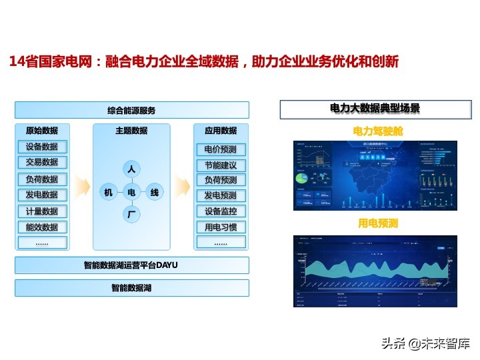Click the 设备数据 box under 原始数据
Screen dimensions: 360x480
[42, 147]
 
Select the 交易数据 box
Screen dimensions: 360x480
[42, 162]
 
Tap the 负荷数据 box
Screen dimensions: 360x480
[42, 179]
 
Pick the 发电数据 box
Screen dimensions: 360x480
[42, 195]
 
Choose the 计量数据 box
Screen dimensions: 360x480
[42, 211]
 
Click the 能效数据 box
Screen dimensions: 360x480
[42, 227]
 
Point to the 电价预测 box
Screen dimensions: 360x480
[221, 149]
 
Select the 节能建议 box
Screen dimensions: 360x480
[221, 165]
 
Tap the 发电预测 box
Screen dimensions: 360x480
[221, 195]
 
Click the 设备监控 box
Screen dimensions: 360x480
[221, 211]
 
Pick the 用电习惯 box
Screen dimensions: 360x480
[221, 227]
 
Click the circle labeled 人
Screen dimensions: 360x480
[131, 170]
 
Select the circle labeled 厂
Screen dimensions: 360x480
[131, 214]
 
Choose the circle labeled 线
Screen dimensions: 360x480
[154, 193]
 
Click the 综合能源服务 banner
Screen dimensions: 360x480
[132, 110]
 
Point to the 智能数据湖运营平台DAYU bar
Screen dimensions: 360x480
[132, 265]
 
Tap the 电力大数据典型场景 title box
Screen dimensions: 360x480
[375, 108]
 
